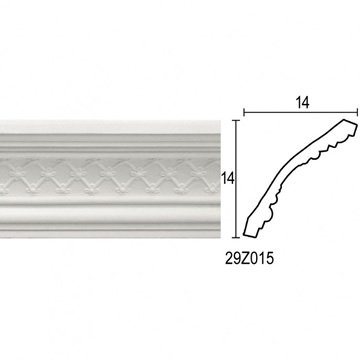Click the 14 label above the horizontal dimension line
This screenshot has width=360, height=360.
point(302,103)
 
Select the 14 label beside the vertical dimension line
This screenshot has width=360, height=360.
point(228,179)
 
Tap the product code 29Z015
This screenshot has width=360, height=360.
point(249,258)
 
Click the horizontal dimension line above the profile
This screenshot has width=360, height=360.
point(301,112)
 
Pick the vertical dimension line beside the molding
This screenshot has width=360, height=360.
point(236,179)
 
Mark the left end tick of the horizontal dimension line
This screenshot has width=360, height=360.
point(244,112)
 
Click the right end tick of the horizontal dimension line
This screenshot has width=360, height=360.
point(357,112)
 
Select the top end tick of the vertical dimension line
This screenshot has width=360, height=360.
point(236,120)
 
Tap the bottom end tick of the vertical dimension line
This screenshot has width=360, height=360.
point(236,238)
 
